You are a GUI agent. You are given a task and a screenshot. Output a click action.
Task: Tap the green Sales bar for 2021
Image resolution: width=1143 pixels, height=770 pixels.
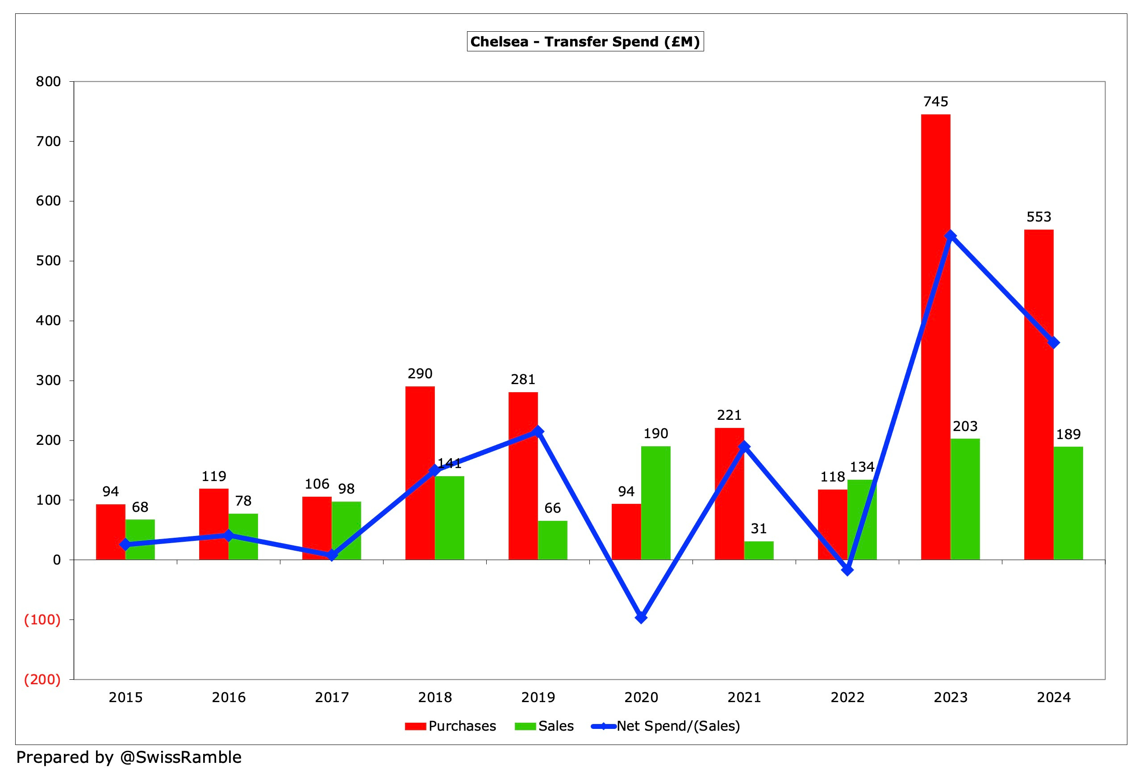click(x=759, y=551)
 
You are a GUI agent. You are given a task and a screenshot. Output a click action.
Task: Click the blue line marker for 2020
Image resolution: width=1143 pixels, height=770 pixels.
click(x=641, y=617)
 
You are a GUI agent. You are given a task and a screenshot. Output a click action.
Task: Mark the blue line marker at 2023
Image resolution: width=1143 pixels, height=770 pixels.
click(x=950, y=236)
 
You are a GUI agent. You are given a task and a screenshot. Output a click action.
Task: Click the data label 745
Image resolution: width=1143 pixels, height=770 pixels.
click(x=935, y=102)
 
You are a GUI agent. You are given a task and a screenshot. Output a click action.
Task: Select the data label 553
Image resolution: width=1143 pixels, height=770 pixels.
click(x=1039, y=217)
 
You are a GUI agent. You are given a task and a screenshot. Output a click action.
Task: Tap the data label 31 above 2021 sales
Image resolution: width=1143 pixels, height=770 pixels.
click(x=759, y=529)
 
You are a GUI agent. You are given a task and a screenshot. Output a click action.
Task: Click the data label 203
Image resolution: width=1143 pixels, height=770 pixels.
click(x=965, y=426)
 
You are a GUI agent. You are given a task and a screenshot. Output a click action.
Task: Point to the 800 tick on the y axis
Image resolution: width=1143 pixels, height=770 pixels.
click(x=48, y=82)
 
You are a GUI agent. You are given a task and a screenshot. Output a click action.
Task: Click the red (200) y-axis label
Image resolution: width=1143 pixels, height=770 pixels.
click(x=43, y=680)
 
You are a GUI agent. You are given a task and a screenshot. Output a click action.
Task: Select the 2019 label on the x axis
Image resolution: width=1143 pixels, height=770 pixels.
click(x=538, y=697)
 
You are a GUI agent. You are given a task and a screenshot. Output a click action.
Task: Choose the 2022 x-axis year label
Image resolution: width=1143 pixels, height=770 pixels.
click(x=847, y=697)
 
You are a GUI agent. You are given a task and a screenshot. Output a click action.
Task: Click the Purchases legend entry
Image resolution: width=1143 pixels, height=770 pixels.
click(x=450, y=726)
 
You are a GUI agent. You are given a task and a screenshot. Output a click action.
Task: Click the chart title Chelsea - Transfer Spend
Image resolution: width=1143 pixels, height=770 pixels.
click(x=584, y=42)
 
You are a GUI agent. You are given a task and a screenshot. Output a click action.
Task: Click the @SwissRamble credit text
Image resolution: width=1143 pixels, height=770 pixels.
click(x=180, y=757)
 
